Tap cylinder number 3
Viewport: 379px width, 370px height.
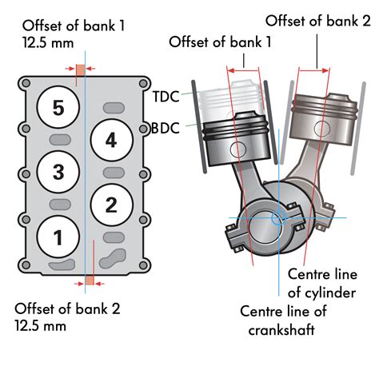57,171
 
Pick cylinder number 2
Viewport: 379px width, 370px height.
110,204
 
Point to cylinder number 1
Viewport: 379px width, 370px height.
57,236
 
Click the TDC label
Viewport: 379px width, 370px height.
166,97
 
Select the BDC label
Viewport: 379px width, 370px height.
166,127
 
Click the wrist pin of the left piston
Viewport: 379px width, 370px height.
237,149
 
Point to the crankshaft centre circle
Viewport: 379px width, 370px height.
279,217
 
